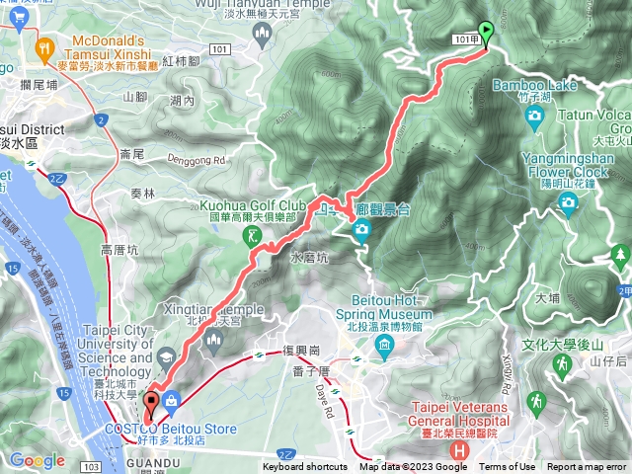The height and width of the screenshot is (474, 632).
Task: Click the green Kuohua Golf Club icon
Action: (255, 236)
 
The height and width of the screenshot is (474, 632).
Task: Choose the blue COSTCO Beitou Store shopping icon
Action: (173, 400)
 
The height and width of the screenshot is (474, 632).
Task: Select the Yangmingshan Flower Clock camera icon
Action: (568, 202)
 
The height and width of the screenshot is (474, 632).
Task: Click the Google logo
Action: (37, 459)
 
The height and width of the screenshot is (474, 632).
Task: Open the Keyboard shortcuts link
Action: (305, 467)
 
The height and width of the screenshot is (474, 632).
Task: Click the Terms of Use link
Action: (508, 467)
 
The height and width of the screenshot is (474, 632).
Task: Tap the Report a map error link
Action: (587, 467)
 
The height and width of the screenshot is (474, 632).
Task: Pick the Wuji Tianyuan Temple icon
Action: (262, 36)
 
